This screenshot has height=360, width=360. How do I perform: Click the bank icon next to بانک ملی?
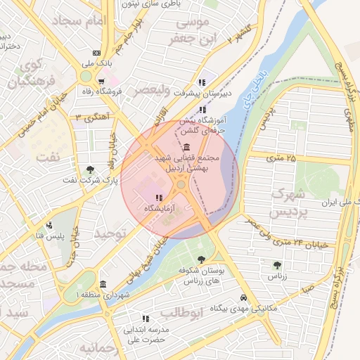pyautogui.click(x=96, y=53)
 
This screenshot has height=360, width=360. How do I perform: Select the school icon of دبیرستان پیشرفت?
pyautogui.click(x=202, y=82)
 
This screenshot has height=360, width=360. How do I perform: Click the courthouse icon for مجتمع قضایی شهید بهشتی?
pyautogui.click(x=186, y=148)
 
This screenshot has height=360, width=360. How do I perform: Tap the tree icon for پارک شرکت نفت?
pyautogui.click(x=90, y=169)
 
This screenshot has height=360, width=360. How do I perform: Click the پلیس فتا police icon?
pyautogui.click(x=49, y=226)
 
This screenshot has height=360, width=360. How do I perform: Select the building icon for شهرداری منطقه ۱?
pyautogui.click(x=103, y=284)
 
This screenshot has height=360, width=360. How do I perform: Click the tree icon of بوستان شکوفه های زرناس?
pyautogui.click(x=202, y=259)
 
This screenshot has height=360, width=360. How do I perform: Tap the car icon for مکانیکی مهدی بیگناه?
pyautogui.click(x=243, y=297)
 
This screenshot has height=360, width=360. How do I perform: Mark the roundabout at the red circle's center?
pyautogui.click(x=181, y=185)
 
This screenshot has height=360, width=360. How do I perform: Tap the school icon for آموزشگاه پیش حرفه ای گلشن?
pyautogui.click(x=202, y=110)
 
